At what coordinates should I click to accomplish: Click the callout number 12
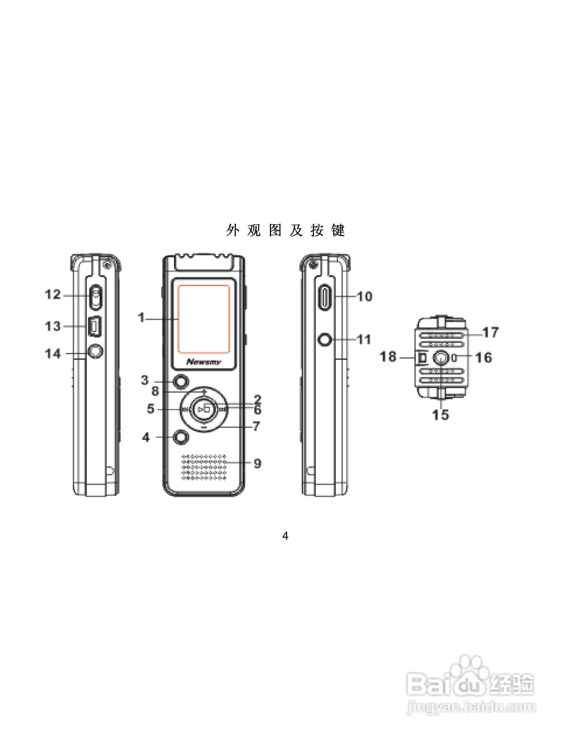(52, 294)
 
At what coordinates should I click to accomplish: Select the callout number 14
(53, 354)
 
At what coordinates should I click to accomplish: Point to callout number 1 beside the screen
(141, 317)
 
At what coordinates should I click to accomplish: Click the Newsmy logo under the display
(204, 362)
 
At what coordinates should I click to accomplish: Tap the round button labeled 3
(181, 382)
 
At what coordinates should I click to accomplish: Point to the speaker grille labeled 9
(204, 467)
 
